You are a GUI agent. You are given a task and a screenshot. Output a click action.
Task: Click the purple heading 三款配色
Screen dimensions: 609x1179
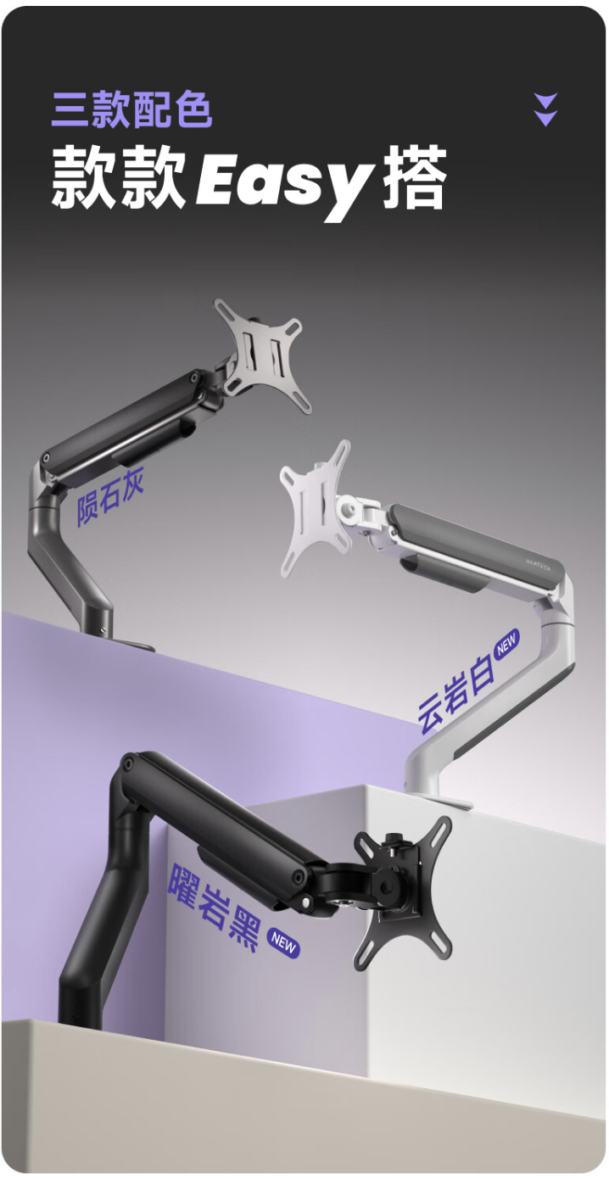[x=131, y=109]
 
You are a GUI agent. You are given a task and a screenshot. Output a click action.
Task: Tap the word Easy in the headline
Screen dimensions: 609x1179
[x=285, y=181]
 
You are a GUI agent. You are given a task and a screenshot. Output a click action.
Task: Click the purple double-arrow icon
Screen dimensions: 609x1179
[x=546, y=109]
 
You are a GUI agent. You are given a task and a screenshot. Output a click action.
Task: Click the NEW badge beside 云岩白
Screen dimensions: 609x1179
[x=506, y=643]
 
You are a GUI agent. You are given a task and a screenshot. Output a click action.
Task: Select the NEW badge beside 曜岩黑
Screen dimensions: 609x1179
[x=283, y=943]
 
